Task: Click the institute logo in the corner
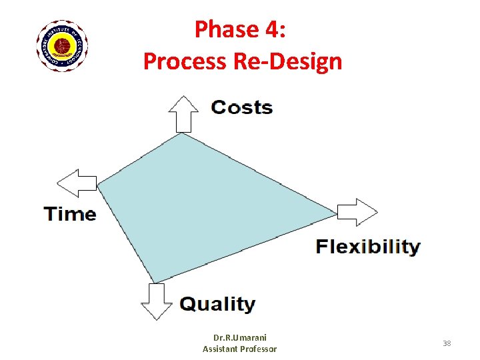pyautogui.click(x=62, y=46)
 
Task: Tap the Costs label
pyautogui.click(x=241, y=107)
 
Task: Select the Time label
pyautogui.click(x=70, y=214)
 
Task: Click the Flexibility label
pyautogui.click(x=367, y=247)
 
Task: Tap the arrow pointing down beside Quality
pyautogui.click(x=155, y=301)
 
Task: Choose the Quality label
pyautogui.click(x=217, y=304)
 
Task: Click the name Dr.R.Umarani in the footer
pyautogui.click(x=239, y=338)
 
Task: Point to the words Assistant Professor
pyautogui.click(x=239, y=349)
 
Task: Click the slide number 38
pyautogui.click(x=447, y=343)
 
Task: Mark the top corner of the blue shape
pyautogui.click(x=182, y=133)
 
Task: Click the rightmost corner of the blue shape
pyautogui.click(x=336, y=213)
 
